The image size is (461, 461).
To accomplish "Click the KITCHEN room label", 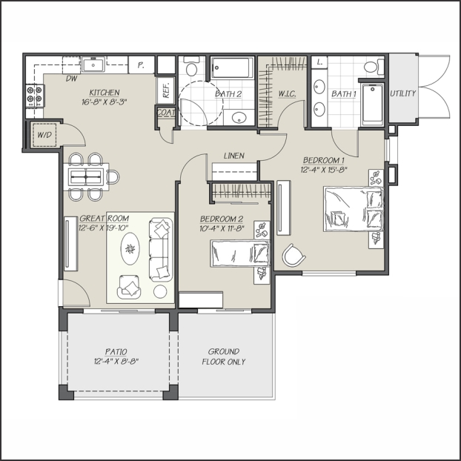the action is click(x=105, y=93).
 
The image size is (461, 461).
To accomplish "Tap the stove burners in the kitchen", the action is click(x=35, y=96).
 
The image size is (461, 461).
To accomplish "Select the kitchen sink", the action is click(x=93, y=64).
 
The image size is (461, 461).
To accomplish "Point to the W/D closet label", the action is click(x=44, y=135).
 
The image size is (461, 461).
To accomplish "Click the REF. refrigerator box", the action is click(x=166, y=90).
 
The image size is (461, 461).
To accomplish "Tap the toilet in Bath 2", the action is click(x=191, y=67).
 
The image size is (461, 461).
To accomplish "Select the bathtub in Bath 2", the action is click(x=233, y=67).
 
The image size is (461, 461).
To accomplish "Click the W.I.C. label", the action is click(x=287, y=94).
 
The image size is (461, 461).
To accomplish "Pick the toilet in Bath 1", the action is click(x=374, y=67).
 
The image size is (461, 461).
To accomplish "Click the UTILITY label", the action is click(x=402, y=93).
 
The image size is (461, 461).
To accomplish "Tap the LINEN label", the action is click(x=234, y=156).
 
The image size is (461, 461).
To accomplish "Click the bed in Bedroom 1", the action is click(x=354, y=209).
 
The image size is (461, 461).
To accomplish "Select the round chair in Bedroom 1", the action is click(x=293, y=255).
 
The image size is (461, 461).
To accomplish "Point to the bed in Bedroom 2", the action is click(x=240, y=253).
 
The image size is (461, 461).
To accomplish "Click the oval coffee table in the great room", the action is click(x=130, y=249).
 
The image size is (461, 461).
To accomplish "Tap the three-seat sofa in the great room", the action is click(x=160, y=250).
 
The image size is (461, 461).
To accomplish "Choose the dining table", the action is click(x=86, y=177).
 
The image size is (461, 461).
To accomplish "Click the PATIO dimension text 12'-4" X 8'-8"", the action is click(x=116, y=362).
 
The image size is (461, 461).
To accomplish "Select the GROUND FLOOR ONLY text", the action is click(x=223, y=356).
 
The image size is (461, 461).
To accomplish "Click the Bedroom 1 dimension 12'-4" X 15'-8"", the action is click(x=324, y=170).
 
